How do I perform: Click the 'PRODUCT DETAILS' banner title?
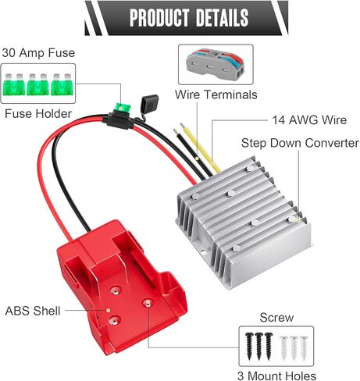click(189, 17)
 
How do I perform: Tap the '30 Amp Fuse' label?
click(38, 53)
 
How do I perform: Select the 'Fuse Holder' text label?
click(38, 114)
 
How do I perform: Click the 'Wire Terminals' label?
click(216, 94)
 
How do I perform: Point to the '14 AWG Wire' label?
click(309, 120)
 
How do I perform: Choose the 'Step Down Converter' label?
click(300, 143)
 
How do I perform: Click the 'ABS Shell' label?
click(33, 311)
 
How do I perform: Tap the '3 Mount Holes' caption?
click(276, 376)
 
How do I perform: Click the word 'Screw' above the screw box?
click(276, 318)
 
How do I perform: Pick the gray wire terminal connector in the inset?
click(216, 64)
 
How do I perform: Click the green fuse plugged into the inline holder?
click(121, 107)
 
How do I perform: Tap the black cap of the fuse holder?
click(149, 104)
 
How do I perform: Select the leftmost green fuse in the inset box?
click(14, 84)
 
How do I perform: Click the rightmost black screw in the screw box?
click(268, 346)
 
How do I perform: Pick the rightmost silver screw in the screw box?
click(304, 348)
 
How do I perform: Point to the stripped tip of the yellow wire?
click(182, 126)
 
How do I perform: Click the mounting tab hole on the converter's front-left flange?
click(204, 252)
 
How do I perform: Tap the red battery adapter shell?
click(122, 287)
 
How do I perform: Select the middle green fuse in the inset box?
click(38, 84)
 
